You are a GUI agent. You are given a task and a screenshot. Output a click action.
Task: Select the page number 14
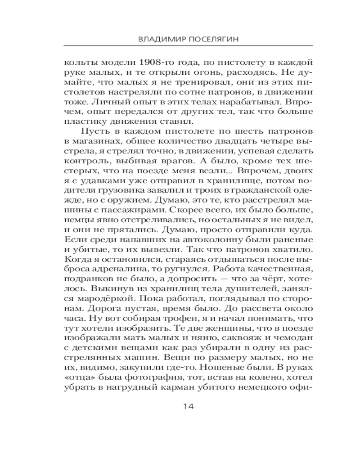click(188, 406)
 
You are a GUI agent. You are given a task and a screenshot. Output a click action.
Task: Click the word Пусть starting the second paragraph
click(94, 131)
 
